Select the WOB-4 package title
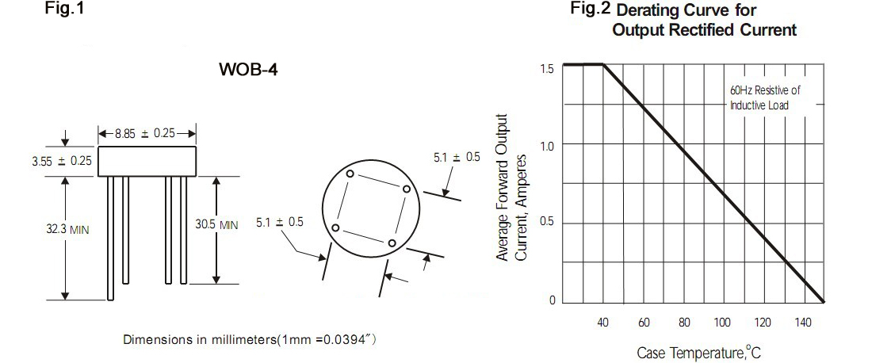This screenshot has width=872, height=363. click(x=248, y=70)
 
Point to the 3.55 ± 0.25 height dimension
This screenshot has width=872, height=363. click(x=63, y=161)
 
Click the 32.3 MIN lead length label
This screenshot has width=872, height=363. click(x=67, y=229)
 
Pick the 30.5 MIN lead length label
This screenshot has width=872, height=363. click(x=216, y=224)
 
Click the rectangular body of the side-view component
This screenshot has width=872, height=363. click(x=147, y=161)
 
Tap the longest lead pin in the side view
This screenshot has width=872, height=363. click(x=111, y=239)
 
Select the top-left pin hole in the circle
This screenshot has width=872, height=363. click(x=350, y=174)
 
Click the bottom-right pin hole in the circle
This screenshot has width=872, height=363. click(x=392, y=243)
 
